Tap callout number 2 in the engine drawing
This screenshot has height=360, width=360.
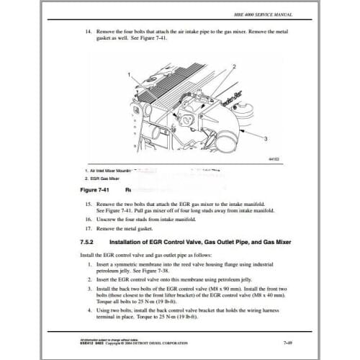click(235, 66)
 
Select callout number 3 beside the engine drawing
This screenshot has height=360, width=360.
click(266, 137)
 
